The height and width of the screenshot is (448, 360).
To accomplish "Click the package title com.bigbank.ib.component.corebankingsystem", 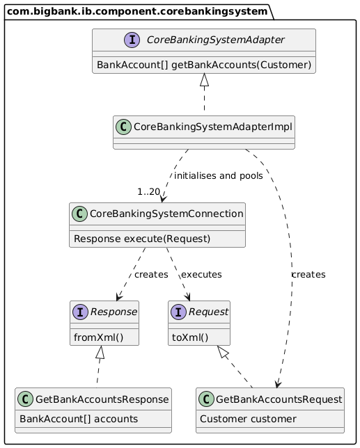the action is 137,11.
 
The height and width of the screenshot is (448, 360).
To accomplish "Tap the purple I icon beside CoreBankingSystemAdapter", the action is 132,40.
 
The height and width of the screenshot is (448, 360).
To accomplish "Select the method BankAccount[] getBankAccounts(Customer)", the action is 204,65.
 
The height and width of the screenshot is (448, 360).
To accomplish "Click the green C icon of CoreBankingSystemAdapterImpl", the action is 123,127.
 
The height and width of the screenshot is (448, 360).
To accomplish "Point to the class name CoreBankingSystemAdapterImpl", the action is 213,127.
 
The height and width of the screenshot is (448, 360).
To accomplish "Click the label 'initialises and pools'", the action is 219,176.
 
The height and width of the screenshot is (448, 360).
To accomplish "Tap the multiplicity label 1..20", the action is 149,192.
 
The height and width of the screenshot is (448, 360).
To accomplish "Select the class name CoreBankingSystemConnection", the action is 166,214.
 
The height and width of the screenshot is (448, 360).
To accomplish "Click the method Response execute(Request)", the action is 142,239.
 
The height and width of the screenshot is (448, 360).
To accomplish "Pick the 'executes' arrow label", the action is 201,275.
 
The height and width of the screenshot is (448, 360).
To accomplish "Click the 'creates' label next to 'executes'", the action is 151,275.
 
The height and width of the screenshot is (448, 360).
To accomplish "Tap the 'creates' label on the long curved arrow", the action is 308,275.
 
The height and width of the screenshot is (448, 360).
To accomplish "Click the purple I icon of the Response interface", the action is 81,312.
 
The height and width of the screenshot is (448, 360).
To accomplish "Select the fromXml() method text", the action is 98,337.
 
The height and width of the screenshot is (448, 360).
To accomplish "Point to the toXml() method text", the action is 190,337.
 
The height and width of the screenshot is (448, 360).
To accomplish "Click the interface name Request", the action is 208,312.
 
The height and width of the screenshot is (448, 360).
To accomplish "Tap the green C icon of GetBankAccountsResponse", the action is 26,399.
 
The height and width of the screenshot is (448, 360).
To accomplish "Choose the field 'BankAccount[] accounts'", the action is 79,419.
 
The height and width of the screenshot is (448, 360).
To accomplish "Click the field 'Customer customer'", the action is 248,419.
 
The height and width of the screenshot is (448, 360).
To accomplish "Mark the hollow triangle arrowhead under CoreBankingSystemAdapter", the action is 204,80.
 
